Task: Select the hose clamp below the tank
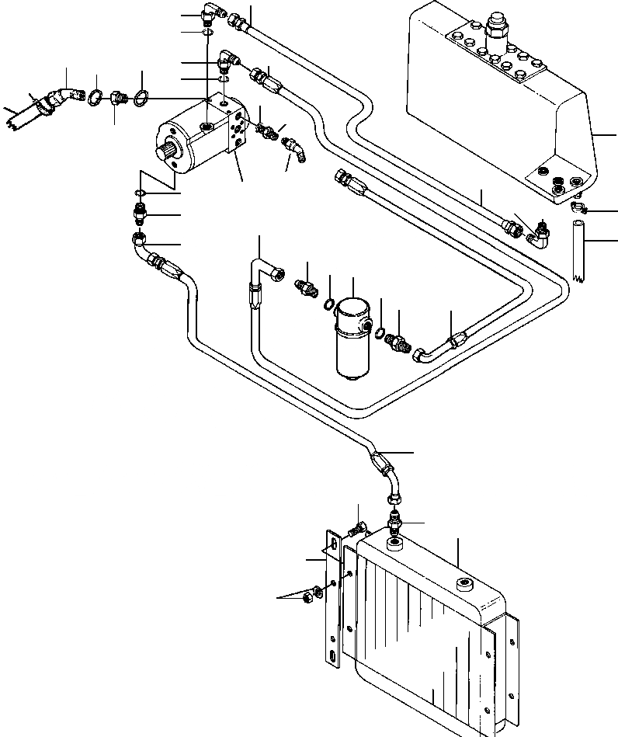pyautogui.click(x=578, y=207)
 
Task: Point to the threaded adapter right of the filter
pyautogui.click(x=399, y=341)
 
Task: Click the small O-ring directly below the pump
pyautogui.click(x=137, y=193)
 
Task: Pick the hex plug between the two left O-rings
pyautogui.click(x=118, y=99)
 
